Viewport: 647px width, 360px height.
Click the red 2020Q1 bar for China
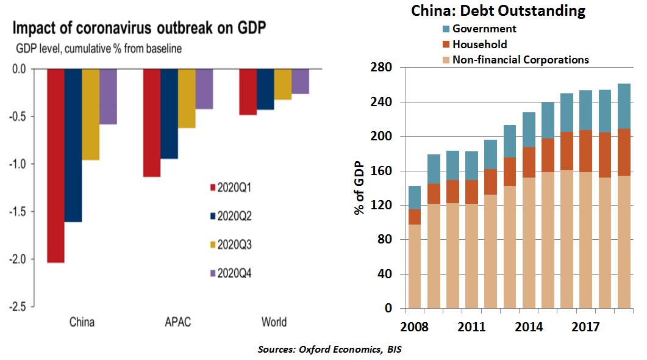pyautogui.click(x=55, y=165)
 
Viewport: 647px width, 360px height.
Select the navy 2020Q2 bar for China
pyautogui.click(x=73, y=145)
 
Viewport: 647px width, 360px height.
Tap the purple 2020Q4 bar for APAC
pyautogui.click(x=204, y=89)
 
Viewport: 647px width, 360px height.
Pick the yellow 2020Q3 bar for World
pyautogui.click(x=282, y=84)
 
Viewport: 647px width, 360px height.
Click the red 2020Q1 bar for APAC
pyautogui.click(x=151, y=123)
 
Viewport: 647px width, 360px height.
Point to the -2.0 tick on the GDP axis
pyautogui.click(x=18, y=259)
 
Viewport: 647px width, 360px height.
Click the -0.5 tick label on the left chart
pyautogui.click(x=18, y=117)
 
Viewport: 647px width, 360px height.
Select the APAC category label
pyautogui.click(x=177, y=322)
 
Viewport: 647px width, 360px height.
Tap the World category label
pyautogui.click(x=274, y=322)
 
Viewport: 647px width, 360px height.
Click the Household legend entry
pyautogui.click(x=479, y=44)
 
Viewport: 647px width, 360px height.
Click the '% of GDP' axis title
pyautogui.click(x=359, y=187)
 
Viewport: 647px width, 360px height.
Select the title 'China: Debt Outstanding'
pyautogui.click(x=498, y=10)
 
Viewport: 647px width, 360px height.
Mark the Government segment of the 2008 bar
pyautogui.click(x=414, y=198)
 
